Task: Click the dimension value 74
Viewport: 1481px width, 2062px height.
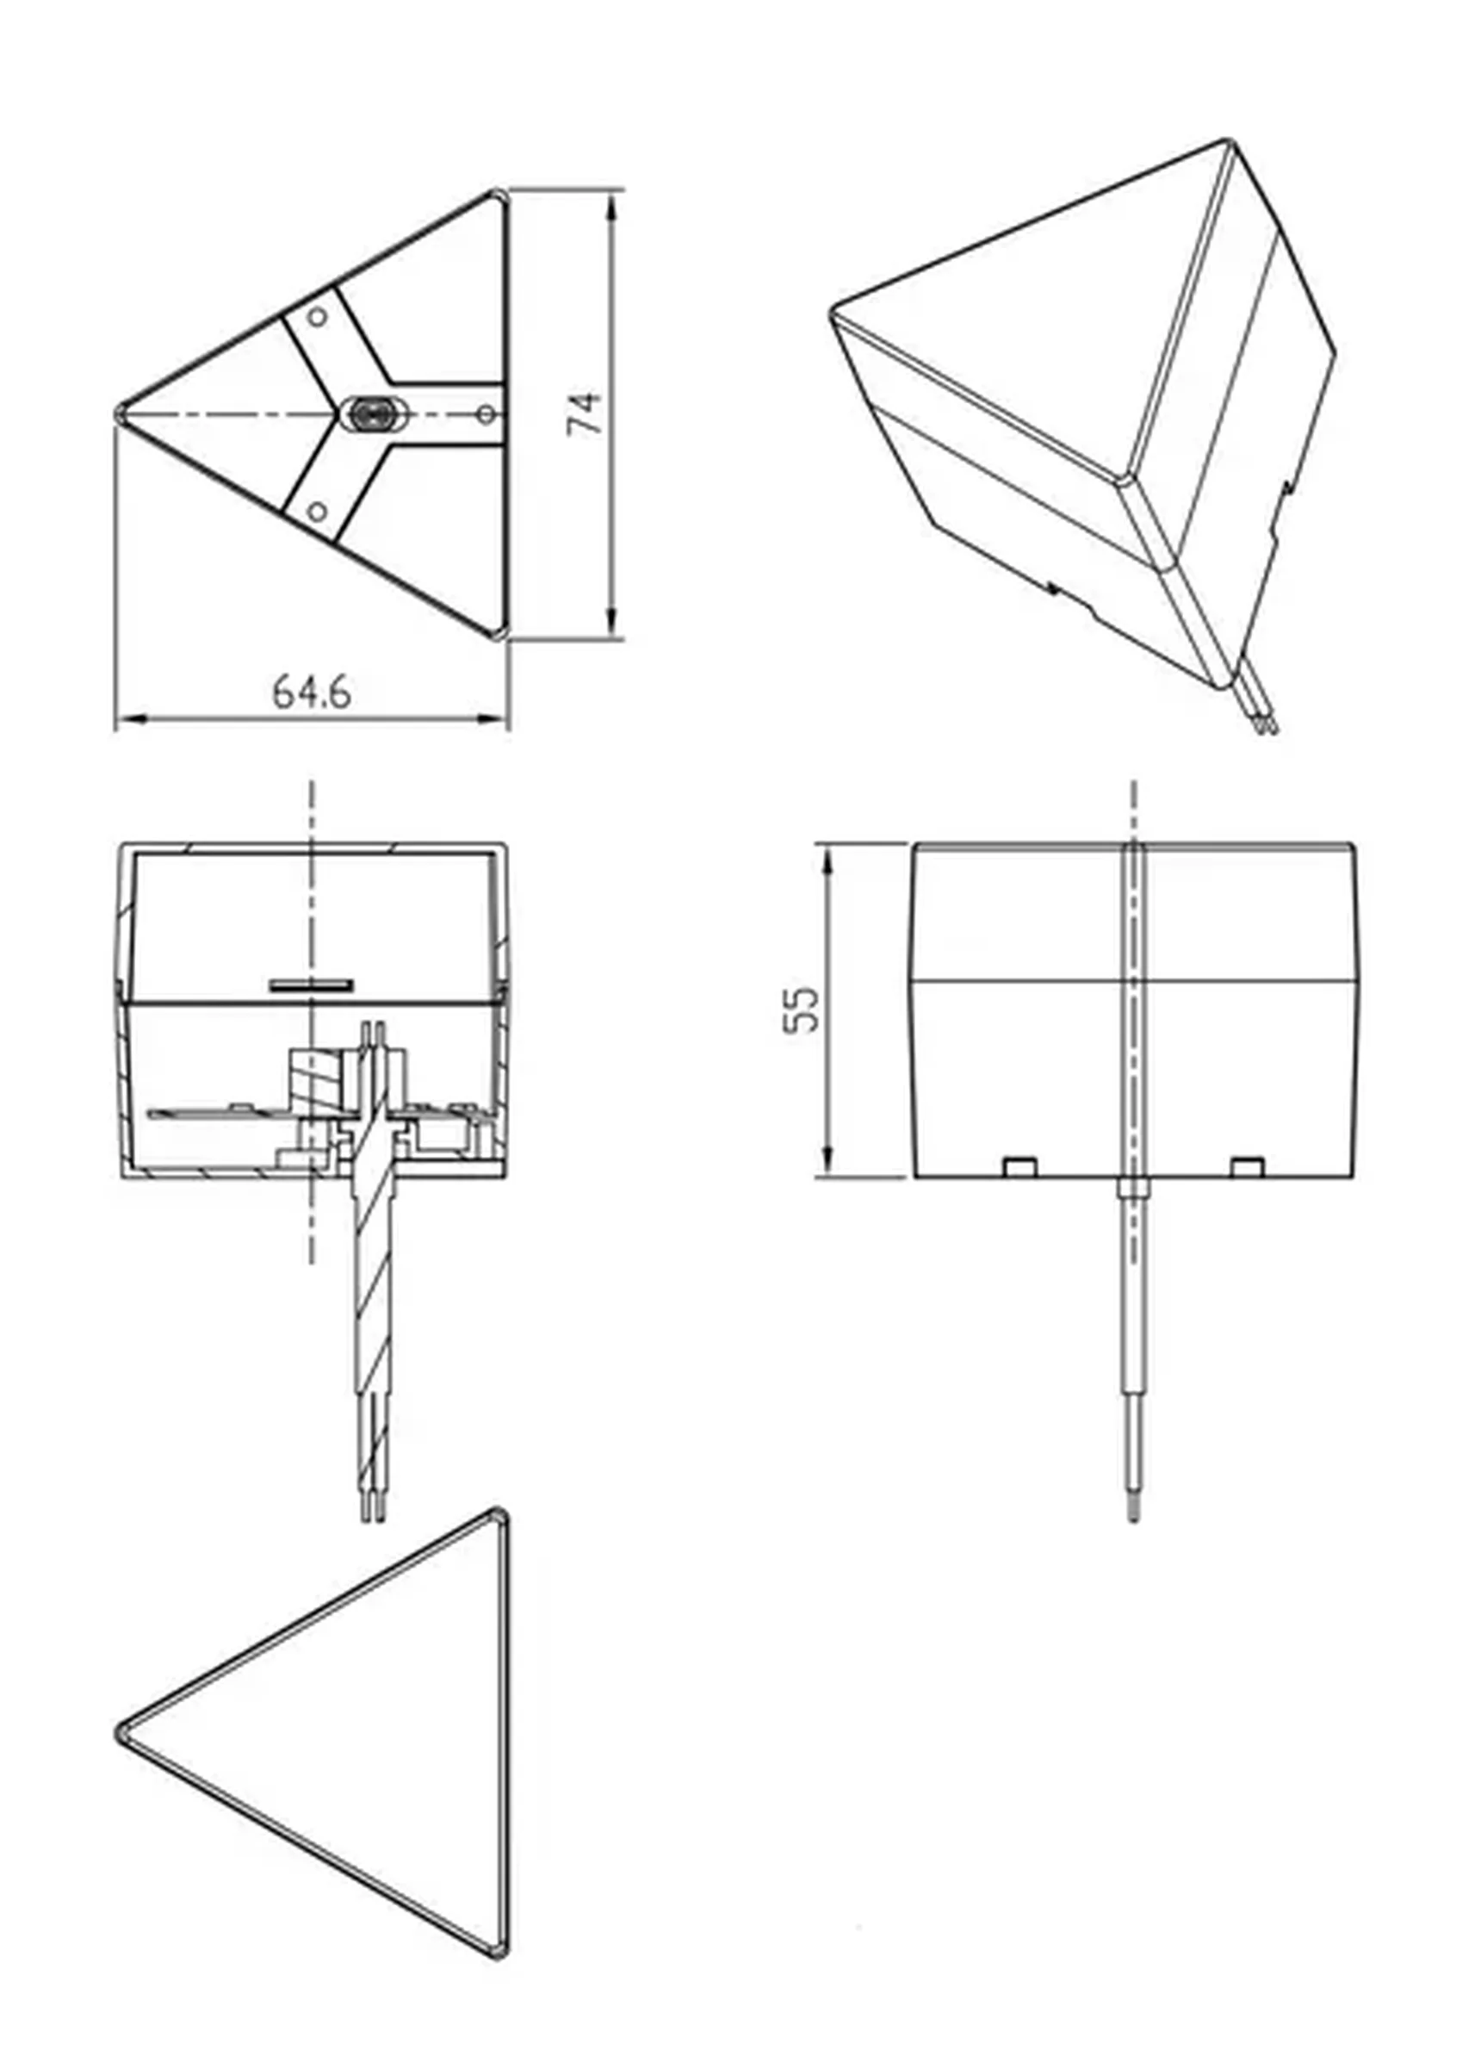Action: pos(585,413)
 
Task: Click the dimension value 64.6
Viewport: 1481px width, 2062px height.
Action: pos(311,692)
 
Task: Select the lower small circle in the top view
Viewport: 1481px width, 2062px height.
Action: pos(316,512)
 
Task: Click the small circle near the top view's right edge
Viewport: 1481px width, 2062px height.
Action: pos(486,414)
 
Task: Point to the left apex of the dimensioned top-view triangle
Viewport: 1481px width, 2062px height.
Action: pos(121,414)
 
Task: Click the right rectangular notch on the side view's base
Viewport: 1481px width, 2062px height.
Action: pos(1247,1165)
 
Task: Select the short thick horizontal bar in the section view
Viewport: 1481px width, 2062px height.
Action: pos(311,984)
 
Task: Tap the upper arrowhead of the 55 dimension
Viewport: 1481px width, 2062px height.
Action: pos(827,856)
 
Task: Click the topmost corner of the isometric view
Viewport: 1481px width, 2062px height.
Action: pos(1225,142)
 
